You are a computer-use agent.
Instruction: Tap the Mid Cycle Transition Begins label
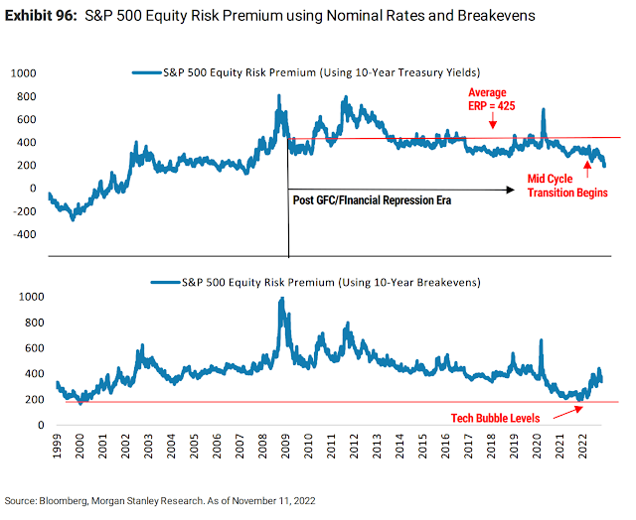[x=566, y=185]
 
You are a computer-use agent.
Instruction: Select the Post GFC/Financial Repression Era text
[x=373, y=199]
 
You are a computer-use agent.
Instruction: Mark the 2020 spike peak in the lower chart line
[x=543, y=341]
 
